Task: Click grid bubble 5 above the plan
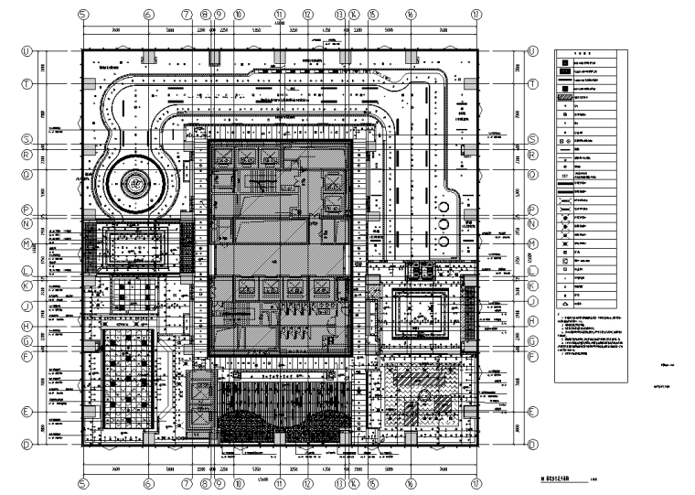(x=83, y=15)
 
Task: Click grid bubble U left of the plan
(x=27, y=50)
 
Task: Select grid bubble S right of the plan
(x=531, y=139)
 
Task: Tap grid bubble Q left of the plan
(x=27, y=172)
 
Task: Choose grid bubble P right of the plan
(x=531, y=210)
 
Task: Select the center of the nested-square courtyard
(x=418, y=305)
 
